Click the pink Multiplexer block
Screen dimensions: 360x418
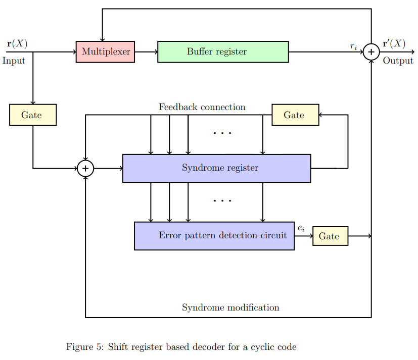(x=105, y=52)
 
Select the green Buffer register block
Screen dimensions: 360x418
(x=223, y=52)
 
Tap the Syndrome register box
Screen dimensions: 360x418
(x=216, y=168)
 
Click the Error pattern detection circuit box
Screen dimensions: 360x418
(x=214, y=236)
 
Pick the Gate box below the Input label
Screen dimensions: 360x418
(x=33, y=115)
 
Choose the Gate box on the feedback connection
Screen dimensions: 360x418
(x=295, y=115)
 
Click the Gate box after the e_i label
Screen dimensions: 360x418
(x=330, y=236)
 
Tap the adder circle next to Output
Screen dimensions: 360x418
(x=371, y=52)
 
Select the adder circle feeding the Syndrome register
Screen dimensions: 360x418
(x=85, y=168)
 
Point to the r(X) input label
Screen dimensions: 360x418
(x=17, y=43)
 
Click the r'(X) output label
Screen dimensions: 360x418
(x=394, y=43)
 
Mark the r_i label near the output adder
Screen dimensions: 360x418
(x=353, y=46)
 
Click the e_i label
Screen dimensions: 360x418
(x=301, y=228)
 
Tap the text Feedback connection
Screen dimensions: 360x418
(x=202, y=107)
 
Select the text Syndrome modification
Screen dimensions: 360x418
(x=230, y=307)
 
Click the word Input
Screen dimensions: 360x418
(x=14, y=61)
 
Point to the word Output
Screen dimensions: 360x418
(x=398, y=61)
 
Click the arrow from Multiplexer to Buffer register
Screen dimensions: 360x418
(x=146, y=52)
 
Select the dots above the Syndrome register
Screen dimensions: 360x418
(x=222, y=133)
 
